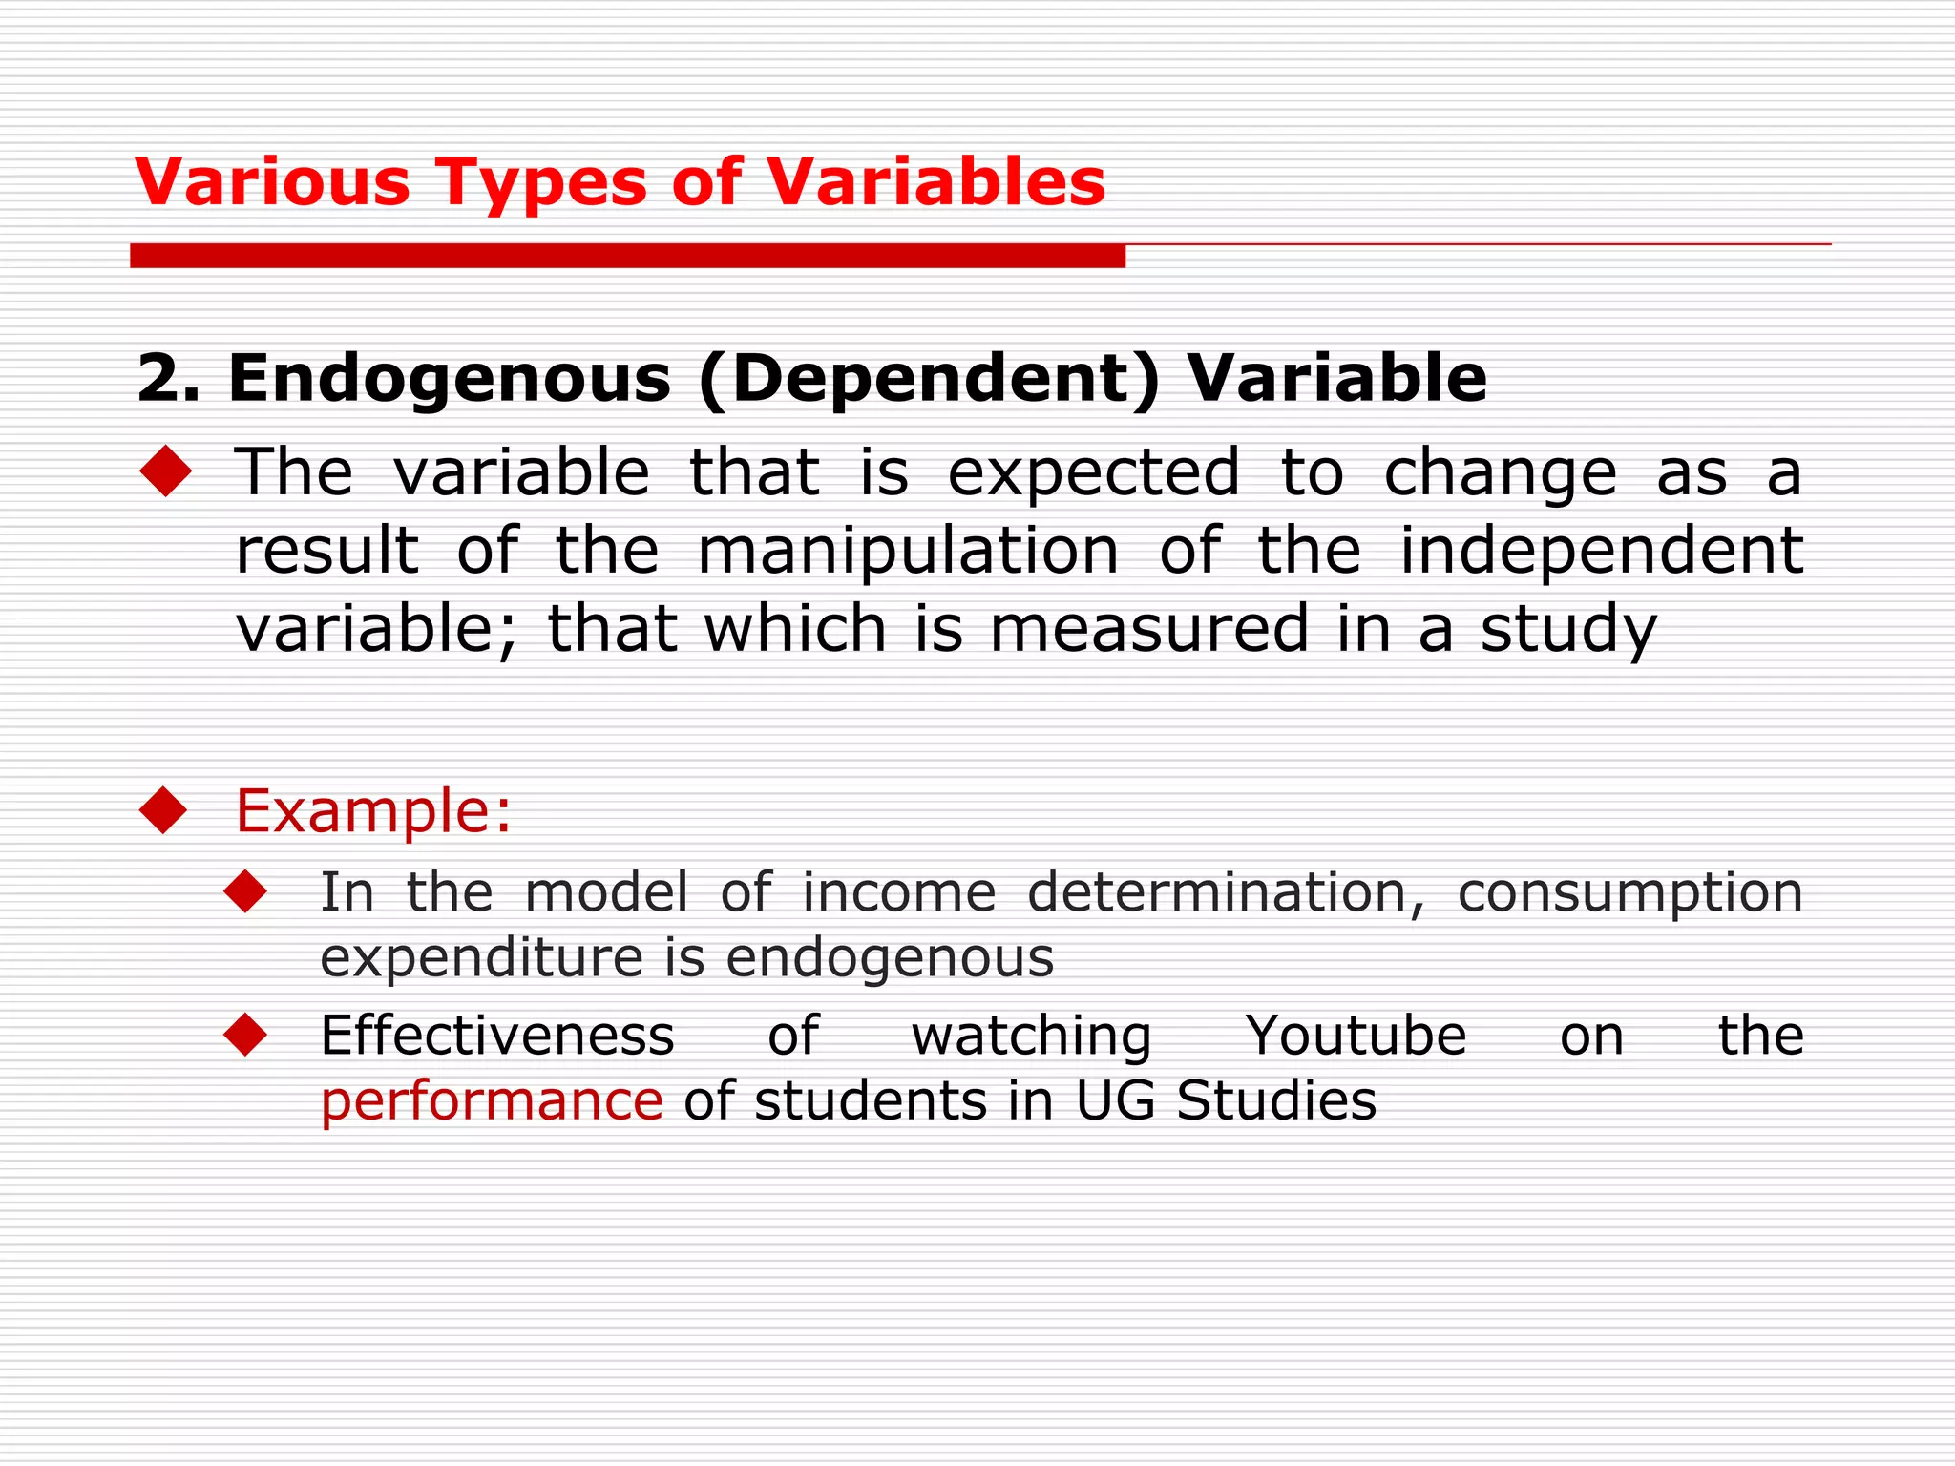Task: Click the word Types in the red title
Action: pyautogui.click(x=542, y=181)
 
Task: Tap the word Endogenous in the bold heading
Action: pyautogui.click(x=450, y=378)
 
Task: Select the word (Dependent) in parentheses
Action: pyautogui.click(x=929, y=378)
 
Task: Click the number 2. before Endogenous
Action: pyautogui.click(x=169, y=378)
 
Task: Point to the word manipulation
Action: pyautogui.click(x=908, y=551)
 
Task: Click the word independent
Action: pyautogui.click(x=1601, y=551)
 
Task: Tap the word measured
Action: pyautogui.click(x=1149, y=629)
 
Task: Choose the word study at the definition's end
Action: pyautogui.click(x=1568, y=629)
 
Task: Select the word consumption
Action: pyautogui.click(x=1629, y=892)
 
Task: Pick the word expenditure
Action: pyautogui.click(x=481, y=957)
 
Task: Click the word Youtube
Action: pyautogui.click(x=1356, y=1036)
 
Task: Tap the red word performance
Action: pyautogui.click(x=491, y=1100)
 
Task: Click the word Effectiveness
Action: pyautogui.click(x=497, y=1036)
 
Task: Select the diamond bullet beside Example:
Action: pyautogui.click(x=164, y=809)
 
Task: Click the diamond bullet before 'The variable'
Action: pyautogui.click(x=165, y=471)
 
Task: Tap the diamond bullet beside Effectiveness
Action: pyautogui.click(x=245, y=1035)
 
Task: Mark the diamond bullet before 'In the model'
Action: pyautogui.click(x=245, y=891)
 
